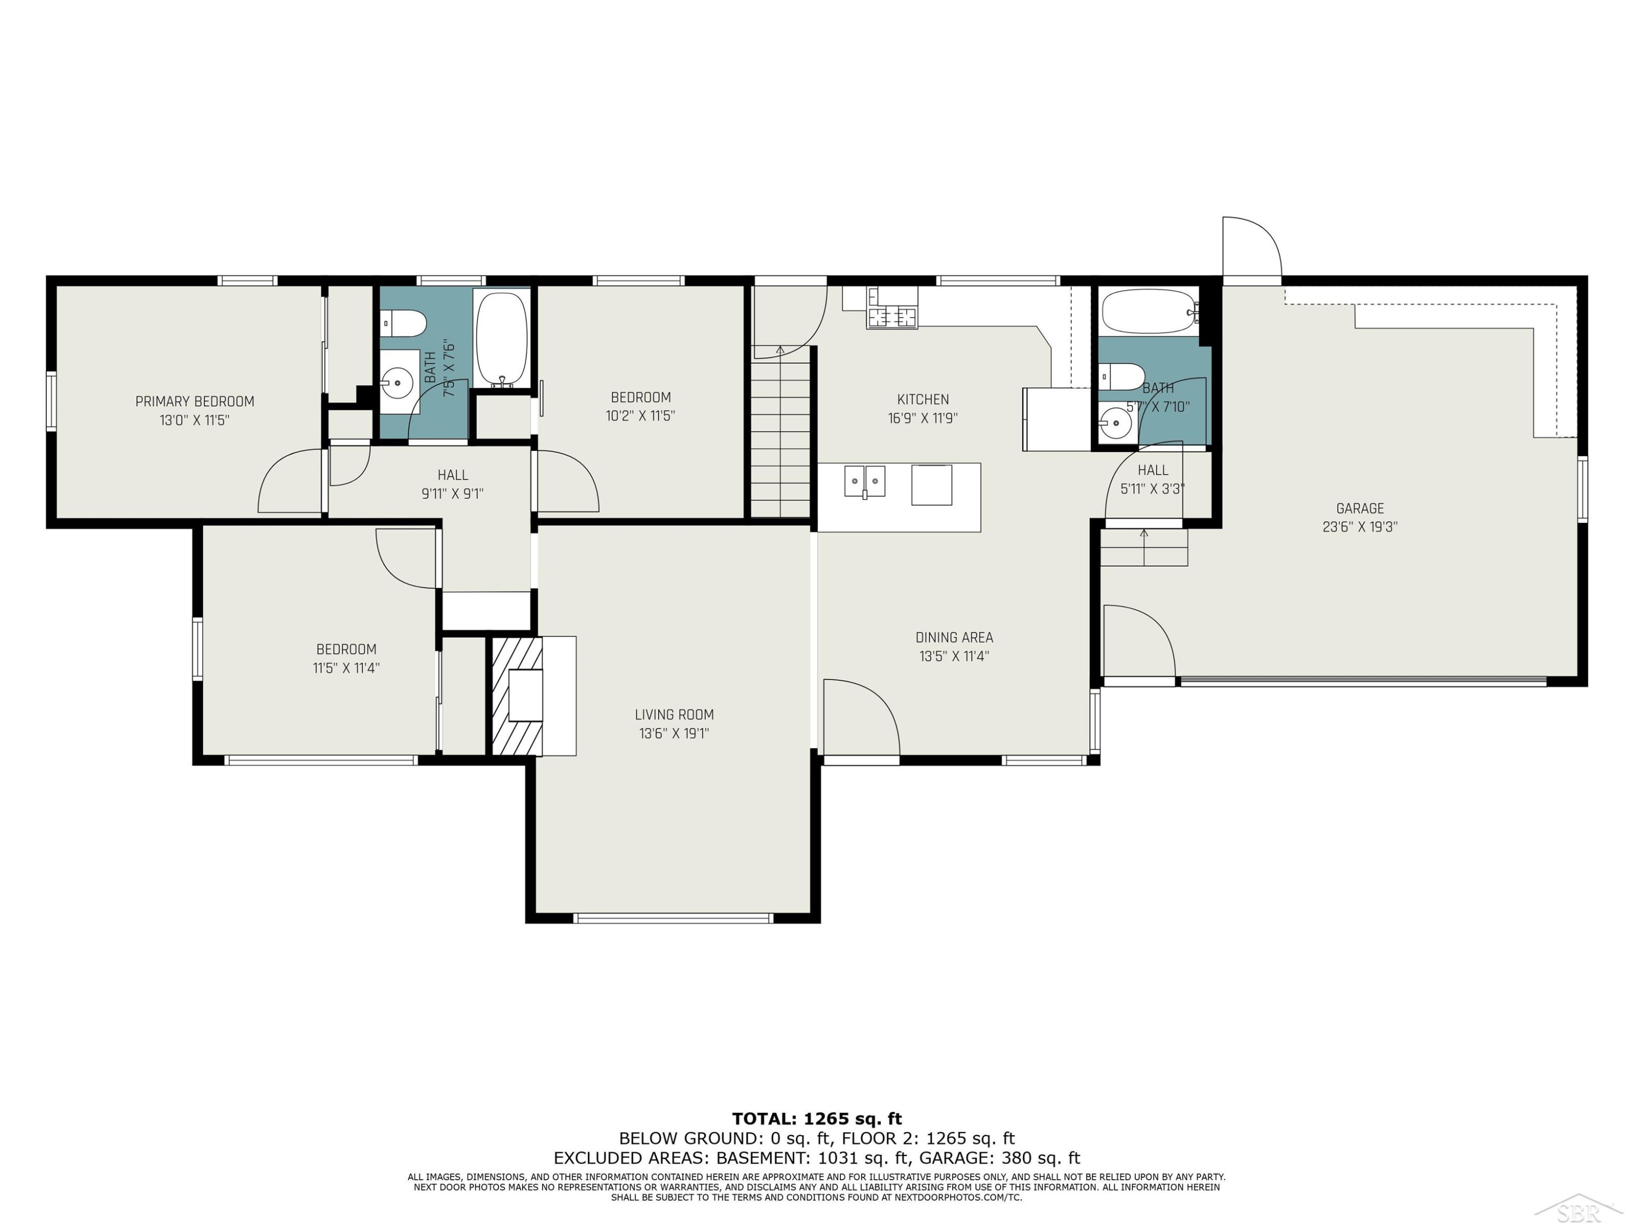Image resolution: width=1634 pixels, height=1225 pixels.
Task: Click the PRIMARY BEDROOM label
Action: tap(194, 402)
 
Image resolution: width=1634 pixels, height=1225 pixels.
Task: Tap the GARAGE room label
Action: tap(1360, 508)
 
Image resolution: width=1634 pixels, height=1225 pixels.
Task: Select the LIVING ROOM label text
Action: tap(674, 715)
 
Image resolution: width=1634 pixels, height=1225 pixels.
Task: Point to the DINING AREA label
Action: tap(954, 637)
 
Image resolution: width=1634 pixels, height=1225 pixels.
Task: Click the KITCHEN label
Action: tap(923, 400)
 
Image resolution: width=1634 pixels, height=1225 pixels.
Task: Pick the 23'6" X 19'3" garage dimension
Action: tap(1360, 527)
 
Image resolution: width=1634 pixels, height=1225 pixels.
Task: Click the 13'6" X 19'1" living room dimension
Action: tap(674, 733)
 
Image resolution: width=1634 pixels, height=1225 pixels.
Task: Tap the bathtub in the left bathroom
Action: tap(502, 340)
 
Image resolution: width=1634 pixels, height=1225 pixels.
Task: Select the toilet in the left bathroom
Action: tap(404, 323)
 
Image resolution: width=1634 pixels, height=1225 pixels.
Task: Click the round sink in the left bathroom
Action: tap(398, 383)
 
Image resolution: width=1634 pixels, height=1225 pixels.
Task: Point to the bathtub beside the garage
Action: tap(1149, 311)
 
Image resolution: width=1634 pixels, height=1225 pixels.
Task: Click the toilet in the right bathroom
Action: tap(1121, 377)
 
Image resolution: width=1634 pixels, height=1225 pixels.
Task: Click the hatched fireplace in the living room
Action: tap(517, 696)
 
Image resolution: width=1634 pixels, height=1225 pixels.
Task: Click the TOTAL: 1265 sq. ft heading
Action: tap(817, 1119)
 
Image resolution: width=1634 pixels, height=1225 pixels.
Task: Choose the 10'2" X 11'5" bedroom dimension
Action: tap(641, 416)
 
